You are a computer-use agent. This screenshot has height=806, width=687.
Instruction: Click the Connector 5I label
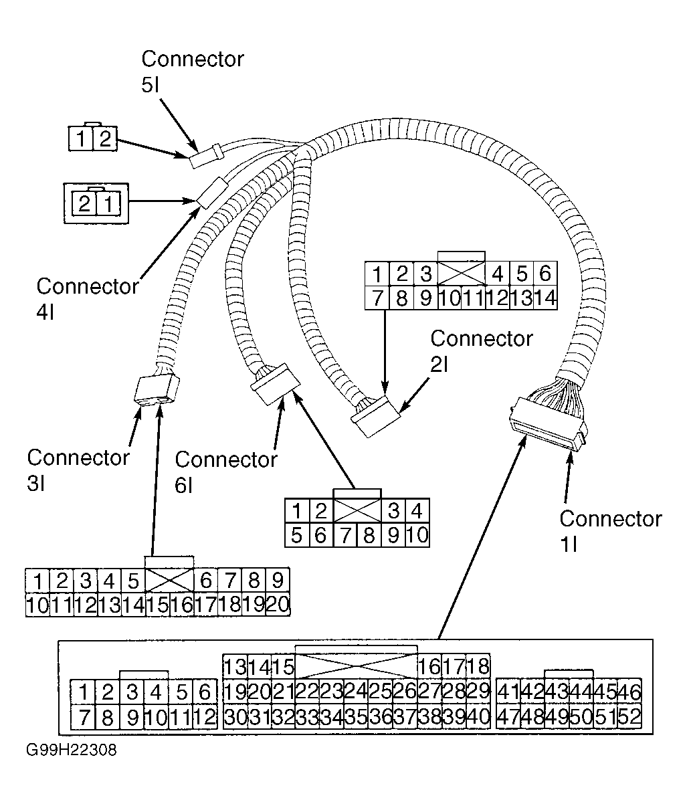(192, 72)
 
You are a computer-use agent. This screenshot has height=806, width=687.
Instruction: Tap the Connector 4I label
(88, 299)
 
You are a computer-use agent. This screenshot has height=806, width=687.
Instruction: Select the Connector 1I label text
(611, 532)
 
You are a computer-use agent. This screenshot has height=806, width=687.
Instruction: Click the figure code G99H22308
(72, 750)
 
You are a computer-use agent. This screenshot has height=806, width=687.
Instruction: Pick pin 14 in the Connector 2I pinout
(545, 298)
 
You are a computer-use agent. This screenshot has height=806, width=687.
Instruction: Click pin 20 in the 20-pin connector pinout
(278, 605)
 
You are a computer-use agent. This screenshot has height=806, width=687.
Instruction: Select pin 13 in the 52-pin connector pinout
(235, 666)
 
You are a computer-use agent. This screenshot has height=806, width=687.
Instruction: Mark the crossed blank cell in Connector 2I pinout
(462, 274)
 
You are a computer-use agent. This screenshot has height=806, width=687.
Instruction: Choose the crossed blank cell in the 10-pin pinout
(357, 510)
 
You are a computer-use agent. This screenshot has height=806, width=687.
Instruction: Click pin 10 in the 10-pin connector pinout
(417, 534)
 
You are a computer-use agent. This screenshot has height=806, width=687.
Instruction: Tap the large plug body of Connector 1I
(547, 423)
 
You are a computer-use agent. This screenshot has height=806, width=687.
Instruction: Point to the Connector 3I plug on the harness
(157, 391)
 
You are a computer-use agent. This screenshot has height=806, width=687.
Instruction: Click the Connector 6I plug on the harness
(275, 385)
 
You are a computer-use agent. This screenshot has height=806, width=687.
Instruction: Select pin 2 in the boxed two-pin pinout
(84, 203)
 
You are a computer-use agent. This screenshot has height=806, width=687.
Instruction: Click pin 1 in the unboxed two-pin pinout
(81, 138)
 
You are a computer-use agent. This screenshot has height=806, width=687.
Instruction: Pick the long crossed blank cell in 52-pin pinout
(357, 666)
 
